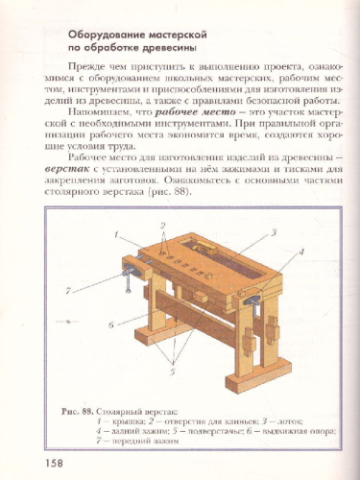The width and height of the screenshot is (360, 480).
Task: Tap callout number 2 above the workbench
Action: [163, 226]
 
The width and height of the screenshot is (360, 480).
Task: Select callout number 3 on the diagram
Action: [274, 231]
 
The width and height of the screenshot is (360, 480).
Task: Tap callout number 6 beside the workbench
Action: [112, 324]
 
